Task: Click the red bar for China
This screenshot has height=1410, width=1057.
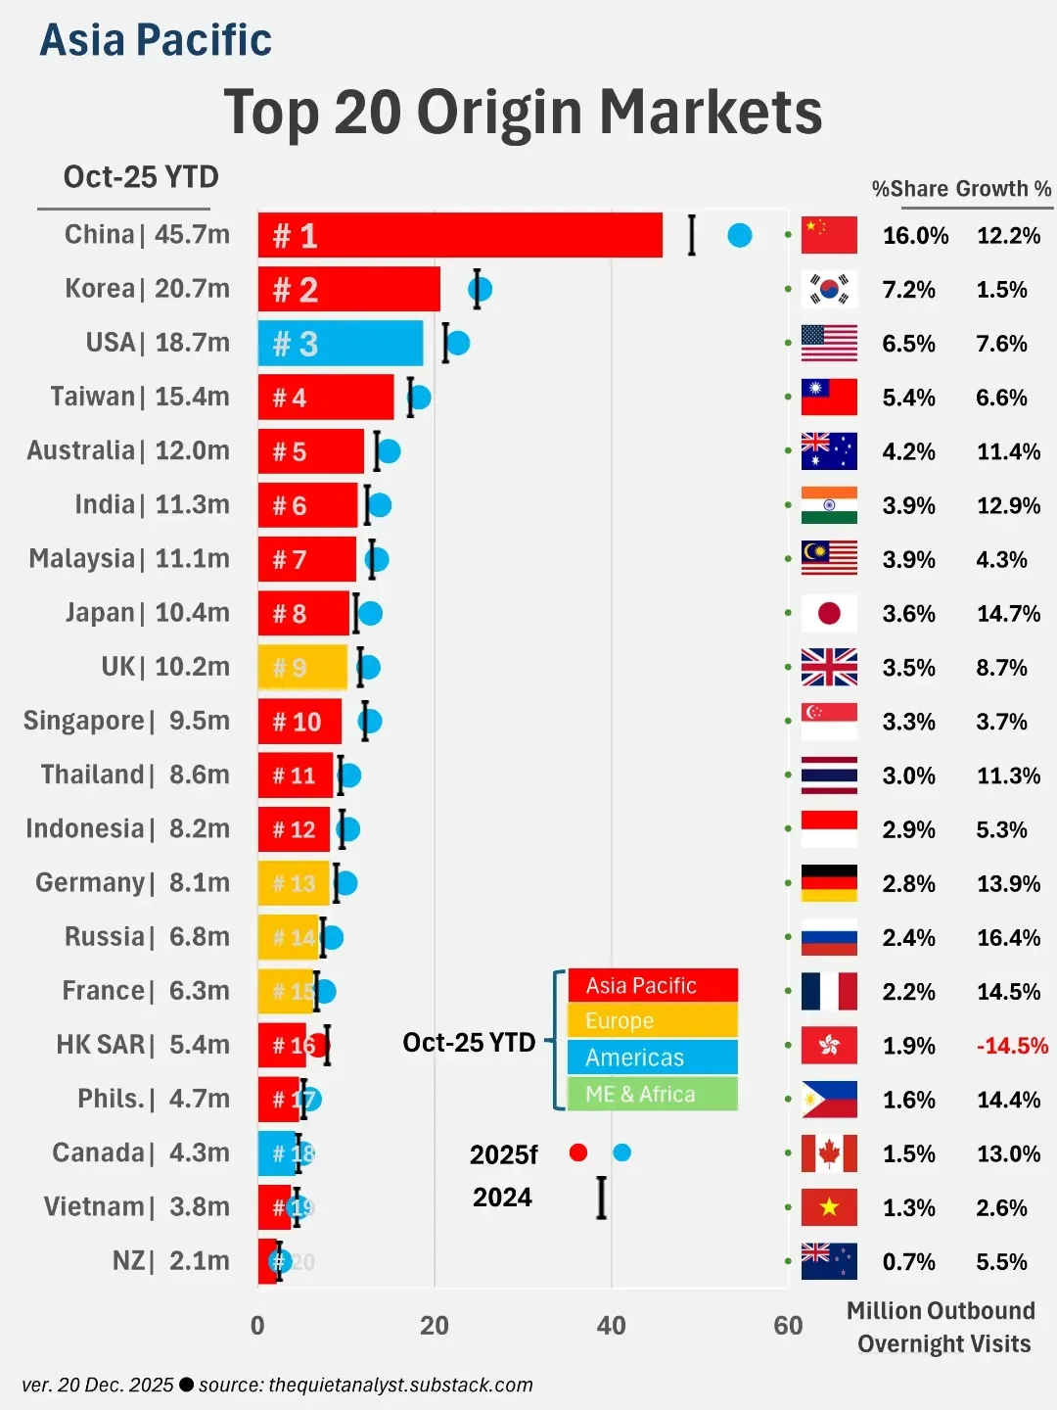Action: click(460, 235)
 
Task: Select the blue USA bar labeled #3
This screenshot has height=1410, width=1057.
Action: click(341, 344)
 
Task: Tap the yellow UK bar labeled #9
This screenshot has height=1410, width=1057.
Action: click(302, 667)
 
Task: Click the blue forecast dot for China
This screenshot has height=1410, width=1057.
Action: click(740, 235)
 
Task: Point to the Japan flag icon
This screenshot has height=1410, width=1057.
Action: click(829, 613)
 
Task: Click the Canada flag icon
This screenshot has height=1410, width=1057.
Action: click(829, 1153)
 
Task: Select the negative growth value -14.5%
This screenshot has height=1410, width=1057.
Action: click(1012, 1046)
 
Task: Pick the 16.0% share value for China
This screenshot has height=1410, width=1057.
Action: click(915, 236)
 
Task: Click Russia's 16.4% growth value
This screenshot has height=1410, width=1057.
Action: click(1008, 938)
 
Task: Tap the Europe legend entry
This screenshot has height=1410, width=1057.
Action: click(653, 1020)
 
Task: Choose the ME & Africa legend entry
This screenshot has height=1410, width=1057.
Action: click(653, 1094)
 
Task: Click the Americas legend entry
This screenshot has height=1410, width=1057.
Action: click(653, 1057)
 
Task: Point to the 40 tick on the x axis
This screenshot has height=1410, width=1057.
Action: click(611, 1326)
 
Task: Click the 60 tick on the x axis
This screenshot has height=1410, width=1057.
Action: click(788, 1326)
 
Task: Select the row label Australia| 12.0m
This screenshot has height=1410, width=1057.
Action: click(128, 450)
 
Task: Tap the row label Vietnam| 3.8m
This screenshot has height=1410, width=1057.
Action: click(137, 1206)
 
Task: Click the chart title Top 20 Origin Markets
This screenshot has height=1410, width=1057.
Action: click(523, 112)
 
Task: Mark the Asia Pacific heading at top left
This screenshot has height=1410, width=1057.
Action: click(156, 41)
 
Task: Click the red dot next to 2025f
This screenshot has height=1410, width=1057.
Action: click(578, 1152)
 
